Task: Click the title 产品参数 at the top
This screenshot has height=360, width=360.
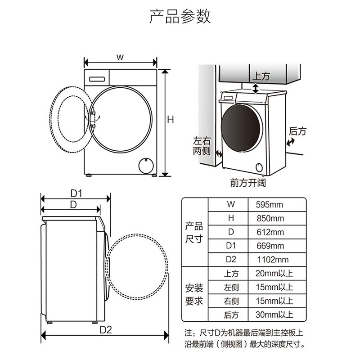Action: (180, 17)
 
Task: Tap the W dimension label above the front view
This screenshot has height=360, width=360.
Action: (120, 57)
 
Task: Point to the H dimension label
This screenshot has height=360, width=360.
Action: (171, 120)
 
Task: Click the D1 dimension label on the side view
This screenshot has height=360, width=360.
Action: (76, 193)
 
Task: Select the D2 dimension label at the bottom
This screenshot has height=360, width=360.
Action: (105, 329)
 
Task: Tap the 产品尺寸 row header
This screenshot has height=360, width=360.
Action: (194, 232)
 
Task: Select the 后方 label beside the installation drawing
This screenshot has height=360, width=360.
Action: (297, 131)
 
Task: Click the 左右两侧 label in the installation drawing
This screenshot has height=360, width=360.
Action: (202, 146)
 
